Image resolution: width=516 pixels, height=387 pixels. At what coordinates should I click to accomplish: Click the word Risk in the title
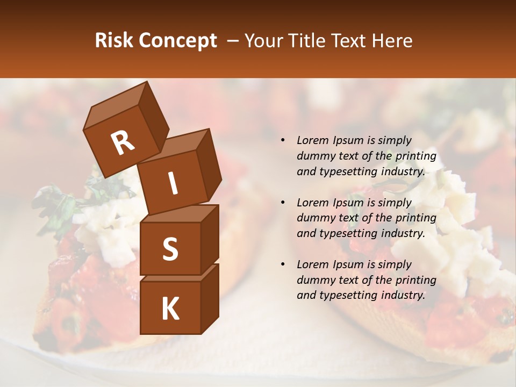pyautogui.click(x=114, y=41)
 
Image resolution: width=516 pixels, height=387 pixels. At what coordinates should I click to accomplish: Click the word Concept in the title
pyautogui.click(x=177, y=41)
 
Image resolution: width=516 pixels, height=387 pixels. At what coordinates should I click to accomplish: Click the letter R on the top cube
pyautogui.click(x=123, y=144)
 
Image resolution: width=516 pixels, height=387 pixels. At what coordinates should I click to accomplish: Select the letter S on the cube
pyautogui.click(x=170, y=249)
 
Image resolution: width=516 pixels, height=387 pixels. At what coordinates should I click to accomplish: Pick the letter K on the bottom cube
pyautogui.click(x=170, y=309)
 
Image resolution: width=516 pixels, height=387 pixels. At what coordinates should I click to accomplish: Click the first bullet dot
pyautogui.click(x=283, y=141)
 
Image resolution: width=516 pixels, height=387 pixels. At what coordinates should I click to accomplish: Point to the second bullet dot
pyautogui.click(x=283, y=203)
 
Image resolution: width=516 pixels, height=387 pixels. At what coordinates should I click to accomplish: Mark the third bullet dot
pyautogui.click(x=283, y=264)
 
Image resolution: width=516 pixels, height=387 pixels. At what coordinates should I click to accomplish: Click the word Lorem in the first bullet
pyautogui.click(x=312, y=141)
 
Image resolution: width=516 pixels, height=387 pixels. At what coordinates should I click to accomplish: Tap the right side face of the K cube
pyautogui.click(x=210, y=298)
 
